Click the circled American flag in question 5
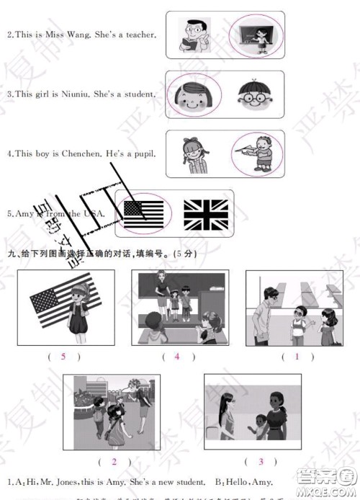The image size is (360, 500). pos(143,213)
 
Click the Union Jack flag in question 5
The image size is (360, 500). pos(205,214)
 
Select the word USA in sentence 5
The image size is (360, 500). pos(94,213)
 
